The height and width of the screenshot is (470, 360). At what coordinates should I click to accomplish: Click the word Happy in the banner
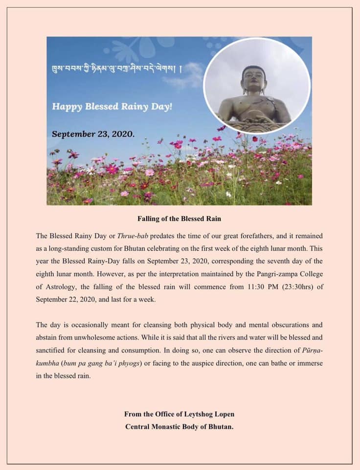(x=67, y=106)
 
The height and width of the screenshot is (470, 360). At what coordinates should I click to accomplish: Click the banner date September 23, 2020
(x=93, y=133)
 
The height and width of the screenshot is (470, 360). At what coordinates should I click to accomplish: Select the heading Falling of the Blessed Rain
(x=180, y=218)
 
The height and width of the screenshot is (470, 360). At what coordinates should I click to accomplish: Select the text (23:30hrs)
(x=292, y=287)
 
